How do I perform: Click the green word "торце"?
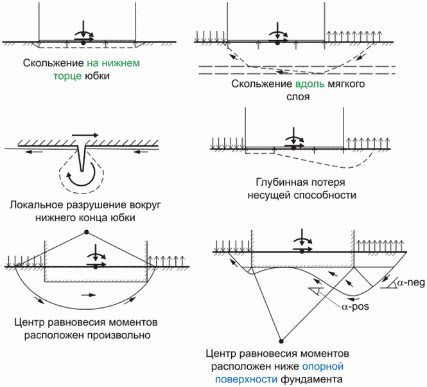click(67, 76)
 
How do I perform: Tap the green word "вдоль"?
click(310, 84)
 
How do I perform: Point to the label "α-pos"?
click(355, 307)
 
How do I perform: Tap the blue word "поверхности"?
click(246, 379)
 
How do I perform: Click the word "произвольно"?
click(119, 335)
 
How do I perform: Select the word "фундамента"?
click(311, 379)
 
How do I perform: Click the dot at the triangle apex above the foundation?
click(87, 232)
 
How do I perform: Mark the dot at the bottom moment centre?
click(282, 341)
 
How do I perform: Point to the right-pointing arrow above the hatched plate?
click(85, 135)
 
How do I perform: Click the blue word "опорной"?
click(323, 366)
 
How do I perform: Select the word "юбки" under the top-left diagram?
click(97, 76)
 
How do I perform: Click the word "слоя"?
click(298, 97)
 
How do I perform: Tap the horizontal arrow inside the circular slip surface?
click(89, 295)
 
